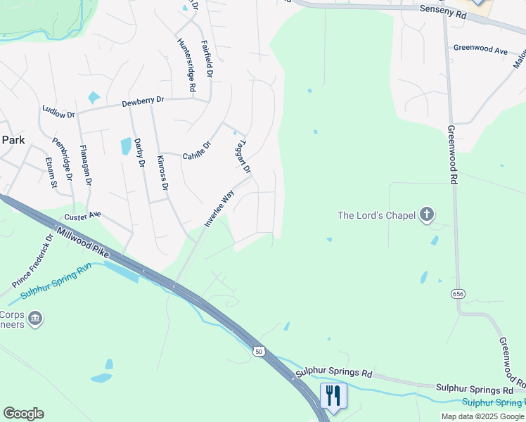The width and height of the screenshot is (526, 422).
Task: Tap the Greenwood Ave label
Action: (x=480, y=50)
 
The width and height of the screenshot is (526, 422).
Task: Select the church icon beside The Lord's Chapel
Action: (x=426, y=215)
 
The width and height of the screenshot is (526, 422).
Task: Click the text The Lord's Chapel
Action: (x=376, y=215)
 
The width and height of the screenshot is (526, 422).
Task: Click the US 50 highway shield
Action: (x=259, y=351)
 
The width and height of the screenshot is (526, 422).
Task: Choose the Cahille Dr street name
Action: (x=197, y=151)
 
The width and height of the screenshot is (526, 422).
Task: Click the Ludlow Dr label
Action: (x=58, y=111)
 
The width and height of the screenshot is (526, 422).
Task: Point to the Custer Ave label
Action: (x=82, y=215)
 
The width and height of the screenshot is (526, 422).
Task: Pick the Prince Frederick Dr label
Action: (x=33, y=261)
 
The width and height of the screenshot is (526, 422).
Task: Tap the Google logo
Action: (x=23, y=413)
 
